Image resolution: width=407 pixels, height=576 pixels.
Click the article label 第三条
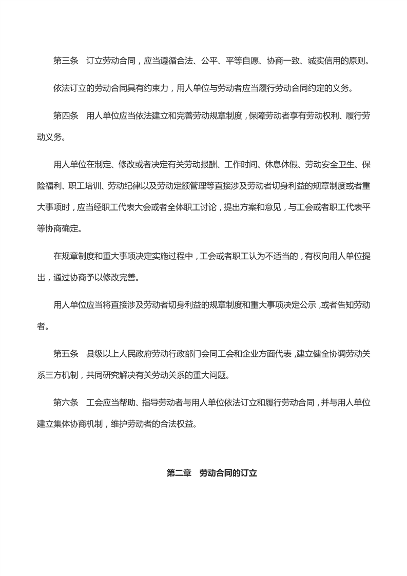coord(66,61)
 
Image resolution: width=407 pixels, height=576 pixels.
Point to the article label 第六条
coord(66,403)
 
